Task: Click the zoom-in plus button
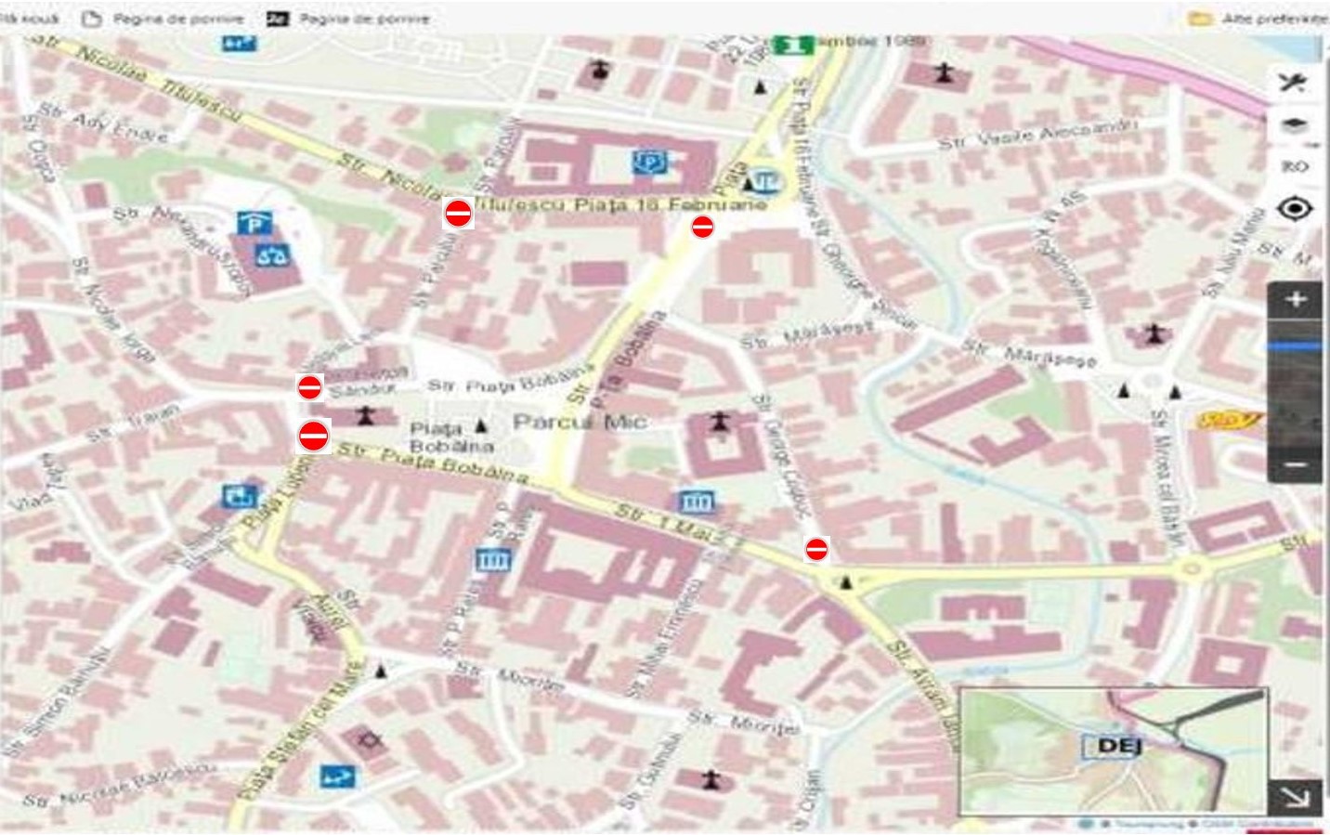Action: tap(1296, 299)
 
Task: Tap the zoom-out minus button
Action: tap(1296, 464)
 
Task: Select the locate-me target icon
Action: tap(1295, 209)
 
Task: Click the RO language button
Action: tap(1294, 166)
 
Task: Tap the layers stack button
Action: tap(1295, 124)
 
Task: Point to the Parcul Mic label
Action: tap(580, 423)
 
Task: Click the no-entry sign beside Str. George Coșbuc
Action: tap(816, 550)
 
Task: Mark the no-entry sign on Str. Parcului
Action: tap(458, 214)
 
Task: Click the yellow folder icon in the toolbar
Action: tap(1200, 19)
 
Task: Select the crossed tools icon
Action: tap(1293, 82)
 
